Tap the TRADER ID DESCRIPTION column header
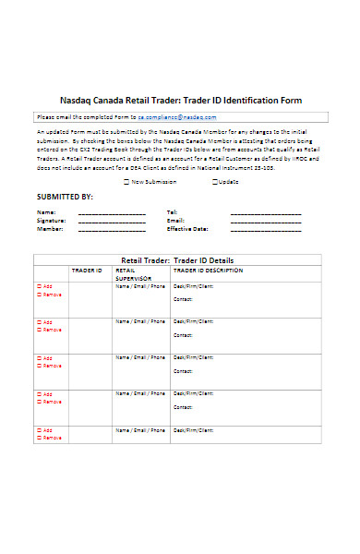click(208, 271)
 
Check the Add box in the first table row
click(40, 286)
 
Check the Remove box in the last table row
click(40, 438)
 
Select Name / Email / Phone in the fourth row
click(140, 394)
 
